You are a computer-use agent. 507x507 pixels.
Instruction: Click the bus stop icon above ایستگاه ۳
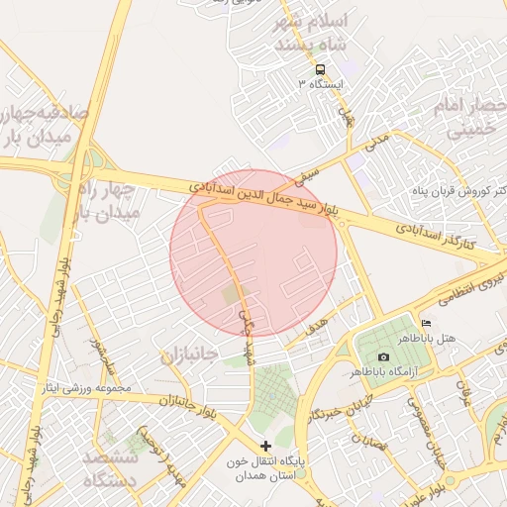tap(320, 69)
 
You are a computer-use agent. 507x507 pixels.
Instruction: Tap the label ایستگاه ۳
tap(319, 84)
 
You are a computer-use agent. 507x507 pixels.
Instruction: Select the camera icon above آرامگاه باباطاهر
tap(383, 356)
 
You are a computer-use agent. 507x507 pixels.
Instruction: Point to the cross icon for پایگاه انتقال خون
tap(265, 446)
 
